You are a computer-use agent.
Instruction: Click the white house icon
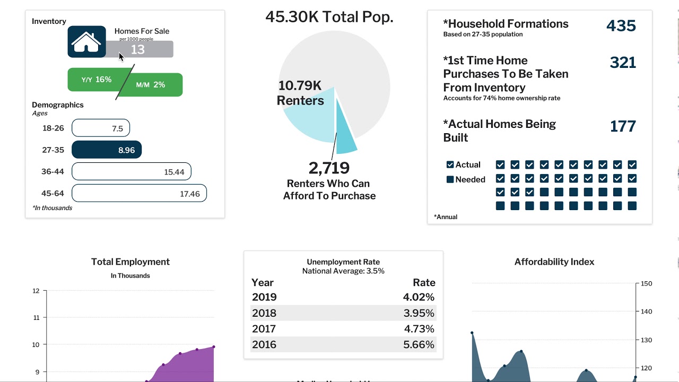(86, 42)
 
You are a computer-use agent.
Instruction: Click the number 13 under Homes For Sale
(137, 49)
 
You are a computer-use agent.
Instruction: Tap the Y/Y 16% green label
(96, 80)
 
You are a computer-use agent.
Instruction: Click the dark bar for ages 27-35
(107, 150)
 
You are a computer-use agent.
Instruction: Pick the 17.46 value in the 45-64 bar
(190, 194)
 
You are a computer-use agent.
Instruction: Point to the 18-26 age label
(53, 128)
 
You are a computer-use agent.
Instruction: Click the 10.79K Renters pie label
(300, 93)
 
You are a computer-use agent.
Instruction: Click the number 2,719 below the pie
(329, 168)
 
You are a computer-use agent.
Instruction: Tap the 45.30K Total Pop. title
(329, 17)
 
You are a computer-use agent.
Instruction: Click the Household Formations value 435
(621, 25)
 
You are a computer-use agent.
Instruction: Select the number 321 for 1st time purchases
(623, 63)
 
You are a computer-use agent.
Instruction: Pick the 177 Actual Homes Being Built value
(623, 126)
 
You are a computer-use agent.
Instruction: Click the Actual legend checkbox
(450, 165)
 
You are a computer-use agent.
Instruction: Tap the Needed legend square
(450, 180)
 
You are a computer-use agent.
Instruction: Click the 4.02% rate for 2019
(419, 297)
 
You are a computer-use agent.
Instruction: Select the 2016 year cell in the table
(264, 345)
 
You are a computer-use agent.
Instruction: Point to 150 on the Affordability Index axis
(646, 284)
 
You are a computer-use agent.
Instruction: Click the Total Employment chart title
(130, 262)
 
